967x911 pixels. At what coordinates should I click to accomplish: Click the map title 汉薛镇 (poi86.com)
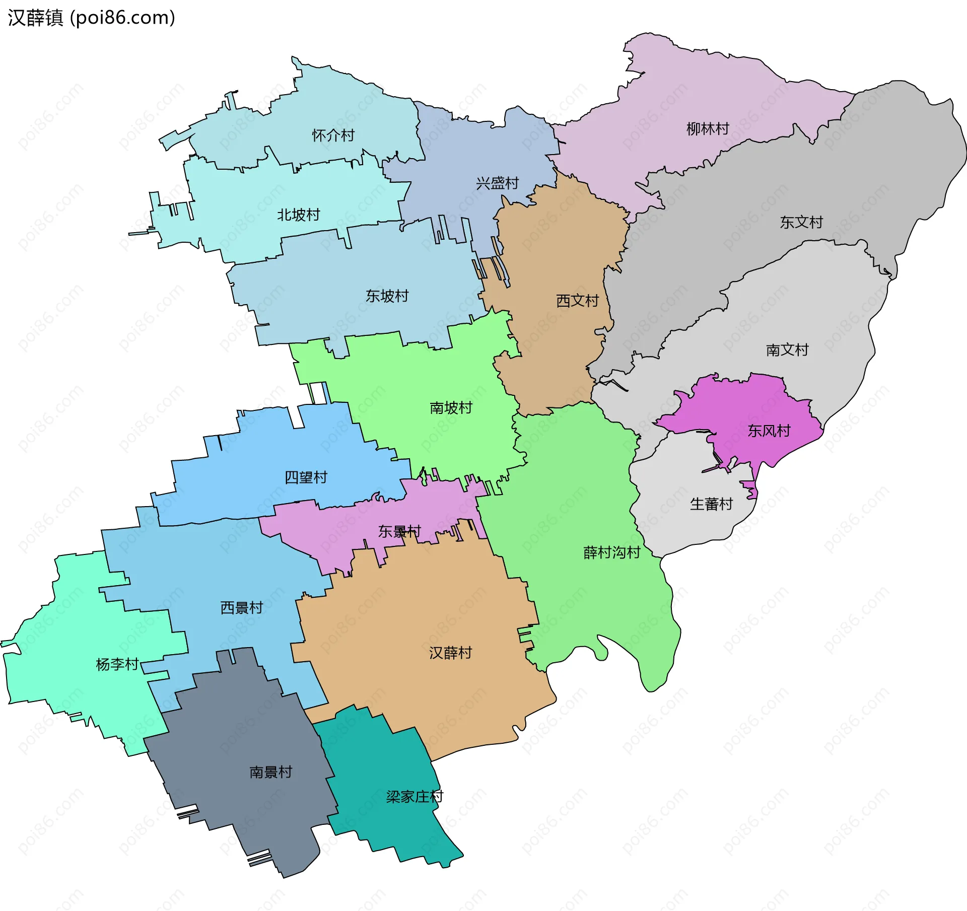click(x=91, y=18)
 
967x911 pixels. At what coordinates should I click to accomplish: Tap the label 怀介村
click(x=333, y=135)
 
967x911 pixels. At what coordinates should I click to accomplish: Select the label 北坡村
click(x=298, y=215)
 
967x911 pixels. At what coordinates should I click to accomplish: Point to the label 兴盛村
click(x=497, y=183)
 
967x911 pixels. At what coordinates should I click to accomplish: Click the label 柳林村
click(x=708, y=129)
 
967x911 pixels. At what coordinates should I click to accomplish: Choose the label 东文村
click(x=801, y=222)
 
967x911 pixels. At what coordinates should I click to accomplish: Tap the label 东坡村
click(x=387, y=296)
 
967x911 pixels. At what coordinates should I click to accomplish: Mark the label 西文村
click(x=577, y=301)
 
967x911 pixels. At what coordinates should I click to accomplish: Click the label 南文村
click(x=787, y=349)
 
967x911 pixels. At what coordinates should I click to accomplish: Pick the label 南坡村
click(x=451, y=407)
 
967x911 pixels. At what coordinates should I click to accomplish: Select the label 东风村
click(x=769, y=431)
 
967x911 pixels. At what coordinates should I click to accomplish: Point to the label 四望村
click(x=306, y=477)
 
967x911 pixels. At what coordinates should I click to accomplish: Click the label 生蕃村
click(x=711, y=504)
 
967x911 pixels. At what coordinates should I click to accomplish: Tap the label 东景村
click(x=399, y=531)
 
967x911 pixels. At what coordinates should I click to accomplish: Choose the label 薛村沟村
click(x=611, y=552)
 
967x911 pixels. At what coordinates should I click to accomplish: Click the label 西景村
click(x=241, y=608)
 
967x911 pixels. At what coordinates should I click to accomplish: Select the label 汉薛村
click(x=450, y=653)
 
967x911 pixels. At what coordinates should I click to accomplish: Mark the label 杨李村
click(x=117, y=664)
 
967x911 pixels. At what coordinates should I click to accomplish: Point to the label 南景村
click(x=270, y=772)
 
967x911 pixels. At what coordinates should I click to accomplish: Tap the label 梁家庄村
click(x=414, y=796)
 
